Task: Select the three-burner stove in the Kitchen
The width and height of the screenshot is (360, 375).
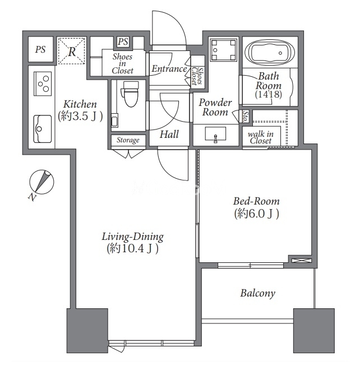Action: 43,84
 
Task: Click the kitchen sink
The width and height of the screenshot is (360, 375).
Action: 43,129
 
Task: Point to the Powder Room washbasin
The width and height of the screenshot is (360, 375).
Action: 215,135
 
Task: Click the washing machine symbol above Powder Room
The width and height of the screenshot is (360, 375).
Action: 224,50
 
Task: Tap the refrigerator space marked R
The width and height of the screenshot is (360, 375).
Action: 72,51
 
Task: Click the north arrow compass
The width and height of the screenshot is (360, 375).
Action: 41,182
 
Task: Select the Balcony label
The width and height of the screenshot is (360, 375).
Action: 257,293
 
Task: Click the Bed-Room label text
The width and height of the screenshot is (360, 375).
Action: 256,201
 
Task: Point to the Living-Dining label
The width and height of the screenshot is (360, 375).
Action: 133,237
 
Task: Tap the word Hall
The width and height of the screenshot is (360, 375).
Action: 169,134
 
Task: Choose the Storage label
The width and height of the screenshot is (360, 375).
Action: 128,140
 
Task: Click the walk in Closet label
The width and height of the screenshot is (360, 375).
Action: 261,137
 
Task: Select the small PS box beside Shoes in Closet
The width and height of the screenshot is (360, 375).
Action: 123,41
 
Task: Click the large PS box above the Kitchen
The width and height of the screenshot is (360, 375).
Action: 40,49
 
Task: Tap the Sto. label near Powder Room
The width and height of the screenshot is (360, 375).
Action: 246,116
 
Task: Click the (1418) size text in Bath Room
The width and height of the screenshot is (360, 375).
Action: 269,94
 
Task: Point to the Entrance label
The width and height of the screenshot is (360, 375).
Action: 169,69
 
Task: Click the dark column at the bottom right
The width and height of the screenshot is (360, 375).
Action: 314,331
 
